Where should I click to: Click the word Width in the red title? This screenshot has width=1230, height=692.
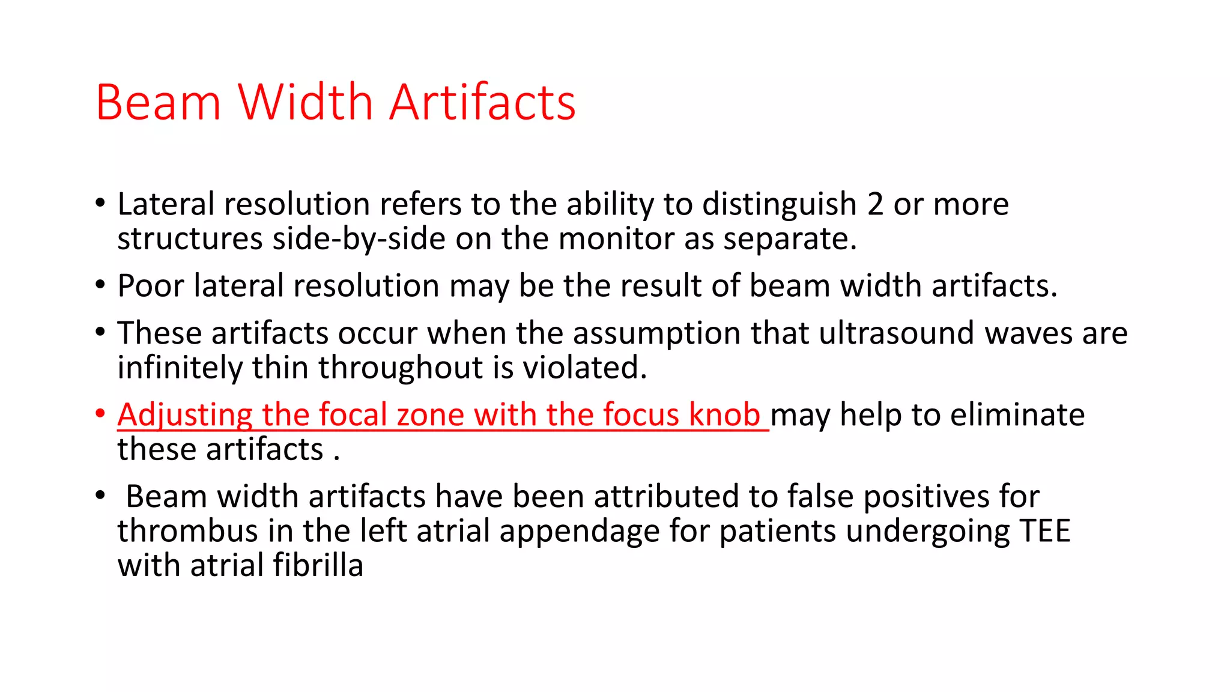tap(306, 102)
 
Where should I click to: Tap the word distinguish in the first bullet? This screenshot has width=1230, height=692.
tap(779, 204)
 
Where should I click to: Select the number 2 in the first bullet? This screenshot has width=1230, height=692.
tap(875, 204)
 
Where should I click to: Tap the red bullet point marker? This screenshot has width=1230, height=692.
tap(100, 414)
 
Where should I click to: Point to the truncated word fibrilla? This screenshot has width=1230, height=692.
tap(318, 565)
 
